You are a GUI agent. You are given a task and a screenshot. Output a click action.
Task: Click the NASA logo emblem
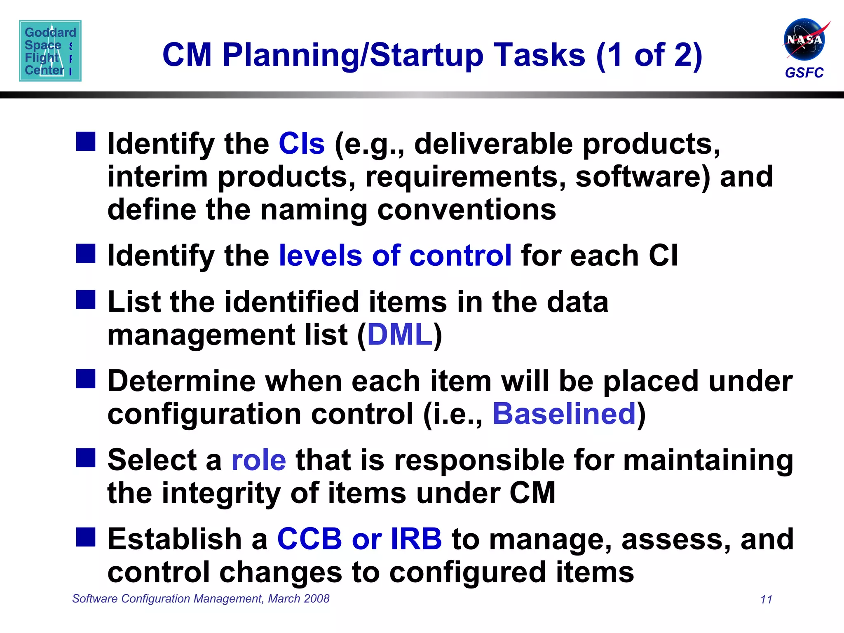[804, 40]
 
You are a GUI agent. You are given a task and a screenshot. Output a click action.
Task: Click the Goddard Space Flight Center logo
[50, 51]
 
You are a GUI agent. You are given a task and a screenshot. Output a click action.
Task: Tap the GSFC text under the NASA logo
[804, 73]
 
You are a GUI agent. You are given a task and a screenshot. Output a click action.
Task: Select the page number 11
[766, 599]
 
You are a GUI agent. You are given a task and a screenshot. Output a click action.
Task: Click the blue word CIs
[302, 144]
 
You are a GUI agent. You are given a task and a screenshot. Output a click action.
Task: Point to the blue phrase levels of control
[395, 256]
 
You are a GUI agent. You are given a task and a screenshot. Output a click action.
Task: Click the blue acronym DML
[400, 334]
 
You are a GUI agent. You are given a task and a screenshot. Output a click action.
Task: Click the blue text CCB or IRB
[359, 539]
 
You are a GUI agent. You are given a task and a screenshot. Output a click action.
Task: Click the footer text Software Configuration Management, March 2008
[201, 598]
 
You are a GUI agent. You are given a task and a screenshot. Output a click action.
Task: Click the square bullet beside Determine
[86, 379]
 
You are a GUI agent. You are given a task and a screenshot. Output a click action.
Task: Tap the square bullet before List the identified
[86, 300]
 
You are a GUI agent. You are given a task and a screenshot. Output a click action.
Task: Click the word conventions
[467, 209]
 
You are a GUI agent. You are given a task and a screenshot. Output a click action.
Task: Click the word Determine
[182, 381]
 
